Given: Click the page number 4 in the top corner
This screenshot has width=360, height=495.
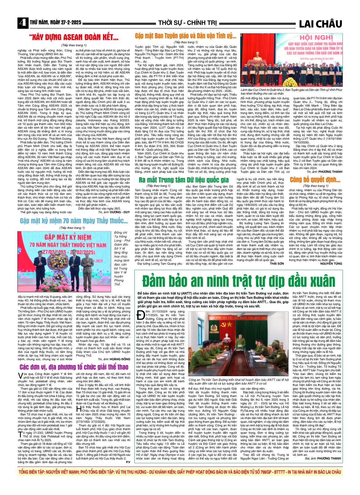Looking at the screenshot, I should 22,23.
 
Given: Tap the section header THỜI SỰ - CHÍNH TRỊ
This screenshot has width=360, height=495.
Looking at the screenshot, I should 187,23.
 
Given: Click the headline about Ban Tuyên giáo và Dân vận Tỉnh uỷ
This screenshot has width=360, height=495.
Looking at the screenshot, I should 186,36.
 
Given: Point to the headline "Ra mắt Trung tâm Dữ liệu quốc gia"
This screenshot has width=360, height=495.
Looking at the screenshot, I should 184,180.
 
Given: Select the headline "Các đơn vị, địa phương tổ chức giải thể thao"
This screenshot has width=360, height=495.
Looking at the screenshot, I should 74,367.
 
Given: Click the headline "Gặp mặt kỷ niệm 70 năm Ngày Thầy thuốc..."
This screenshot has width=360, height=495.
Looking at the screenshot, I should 74,221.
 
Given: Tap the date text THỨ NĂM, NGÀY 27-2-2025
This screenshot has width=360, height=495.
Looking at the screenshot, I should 55,23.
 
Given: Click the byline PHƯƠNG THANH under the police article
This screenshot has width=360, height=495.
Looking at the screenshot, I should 329,458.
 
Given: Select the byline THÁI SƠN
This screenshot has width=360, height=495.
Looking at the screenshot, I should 277,263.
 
